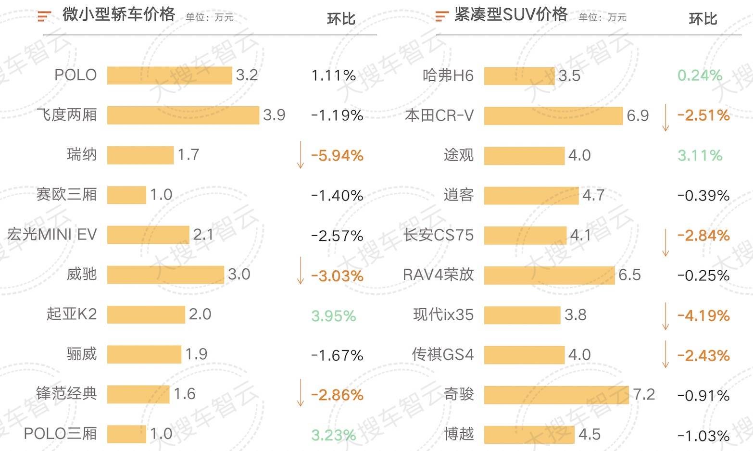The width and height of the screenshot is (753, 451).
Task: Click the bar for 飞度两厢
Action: pyautogui.click(x=183, y=115)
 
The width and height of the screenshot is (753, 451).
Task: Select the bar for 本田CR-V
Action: pyautogui.click(x=553, y=116)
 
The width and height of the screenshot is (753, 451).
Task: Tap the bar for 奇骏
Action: pyautogui.click(x=556, y=395)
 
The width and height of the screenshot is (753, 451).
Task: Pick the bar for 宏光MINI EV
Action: pyautogui.click(x=148, y=235)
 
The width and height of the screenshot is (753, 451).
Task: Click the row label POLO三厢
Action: pyautogui.click(x=60, y=434)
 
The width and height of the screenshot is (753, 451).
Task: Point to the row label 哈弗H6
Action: pyautogui.click(x=448, y=75)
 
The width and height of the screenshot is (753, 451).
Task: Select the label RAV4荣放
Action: pyautogui.click(x=438, y=275)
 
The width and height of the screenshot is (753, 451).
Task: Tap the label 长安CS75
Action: pyautogui.click(x=439, y=235)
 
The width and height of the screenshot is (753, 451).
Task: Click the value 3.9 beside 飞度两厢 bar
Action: pyautogui.click(x=274, y=115)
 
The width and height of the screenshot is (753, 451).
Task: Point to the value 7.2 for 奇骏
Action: pyautogui.click(x=644, y=394)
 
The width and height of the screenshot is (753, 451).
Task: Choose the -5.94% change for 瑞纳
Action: pyautogui.click(x=337, y=155)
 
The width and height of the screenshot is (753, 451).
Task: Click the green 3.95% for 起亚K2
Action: pyautogui.click(x=333, y=315)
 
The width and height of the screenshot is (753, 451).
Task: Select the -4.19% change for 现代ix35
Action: pyautogui.click(x=703, y=315)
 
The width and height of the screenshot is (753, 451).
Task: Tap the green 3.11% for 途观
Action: pyautogui.click(x=700, y=155)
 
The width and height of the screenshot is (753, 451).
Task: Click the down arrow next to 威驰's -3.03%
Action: pyautogui.click(x=301, y=270)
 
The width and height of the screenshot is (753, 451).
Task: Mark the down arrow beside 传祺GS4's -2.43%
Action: pyautogui.click(x=665, y=354)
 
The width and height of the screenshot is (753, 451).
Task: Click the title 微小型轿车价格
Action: pyautogui.click(x=118, y=15)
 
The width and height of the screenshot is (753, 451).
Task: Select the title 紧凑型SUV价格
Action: pyautogui.click(x=511, y=15)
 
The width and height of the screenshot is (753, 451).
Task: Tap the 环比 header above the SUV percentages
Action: pyautogui.click(x=703, y=19)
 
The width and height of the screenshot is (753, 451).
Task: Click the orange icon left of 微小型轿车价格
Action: pyautogui.click(x=44, y=16)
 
